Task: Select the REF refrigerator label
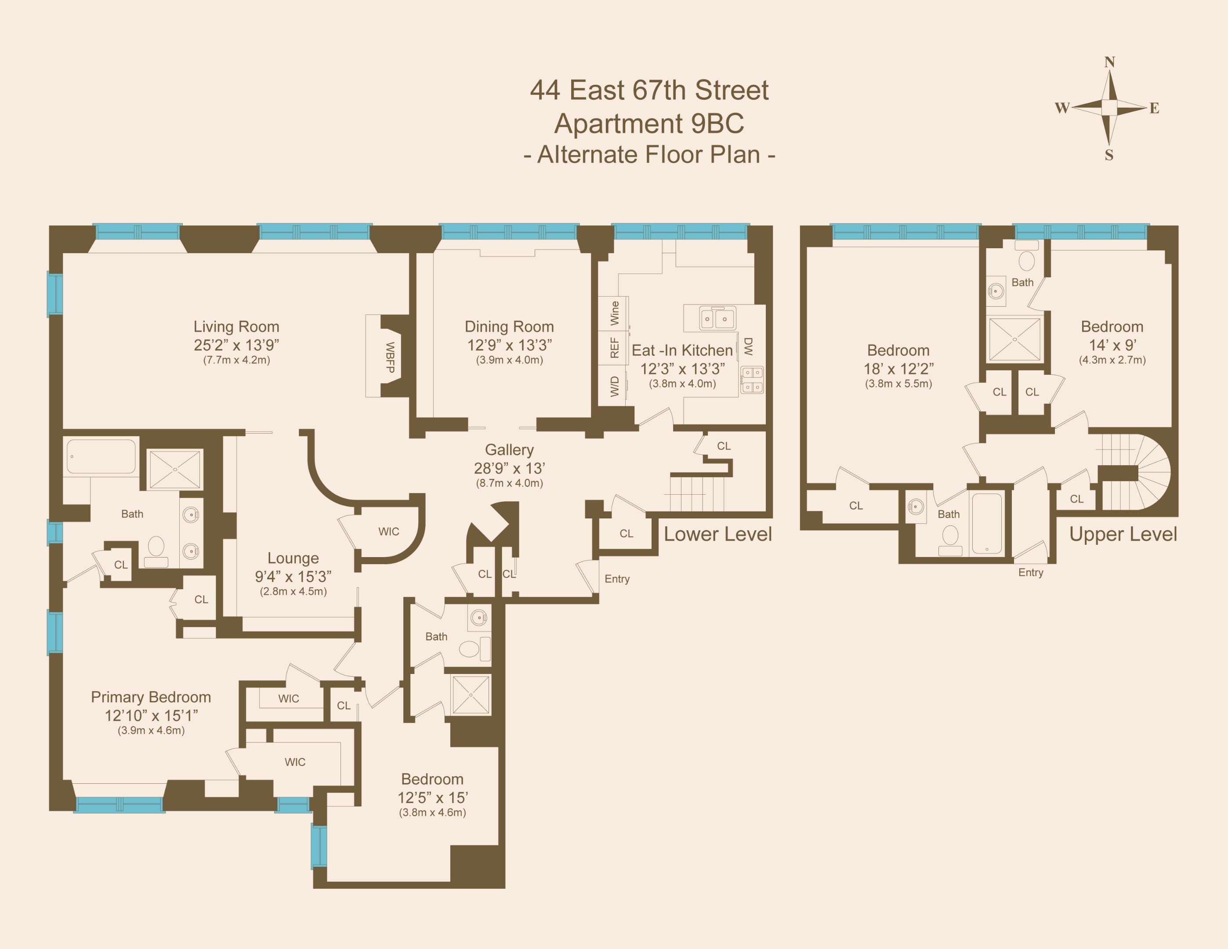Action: [615, 348]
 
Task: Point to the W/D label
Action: [615, 386]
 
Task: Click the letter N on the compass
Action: [1109, 62]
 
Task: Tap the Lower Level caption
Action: [717, 534]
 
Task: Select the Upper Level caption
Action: [1123, 534]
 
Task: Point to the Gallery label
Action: [509, 450]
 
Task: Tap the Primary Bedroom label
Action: [151, 697]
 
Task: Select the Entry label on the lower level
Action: [617, 579]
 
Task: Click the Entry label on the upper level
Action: [1031, 572]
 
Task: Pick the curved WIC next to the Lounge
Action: [388, 531]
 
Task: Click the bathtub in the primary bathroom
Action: [101, 456]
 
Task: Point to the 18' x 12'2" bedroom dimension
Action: [898, 369]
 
